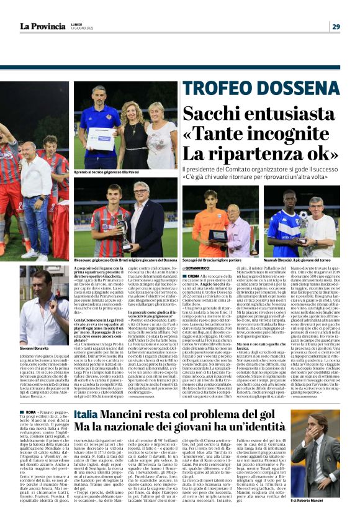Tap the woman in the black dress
(133, 137)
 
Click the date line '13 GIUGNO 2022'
(66, 29)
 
